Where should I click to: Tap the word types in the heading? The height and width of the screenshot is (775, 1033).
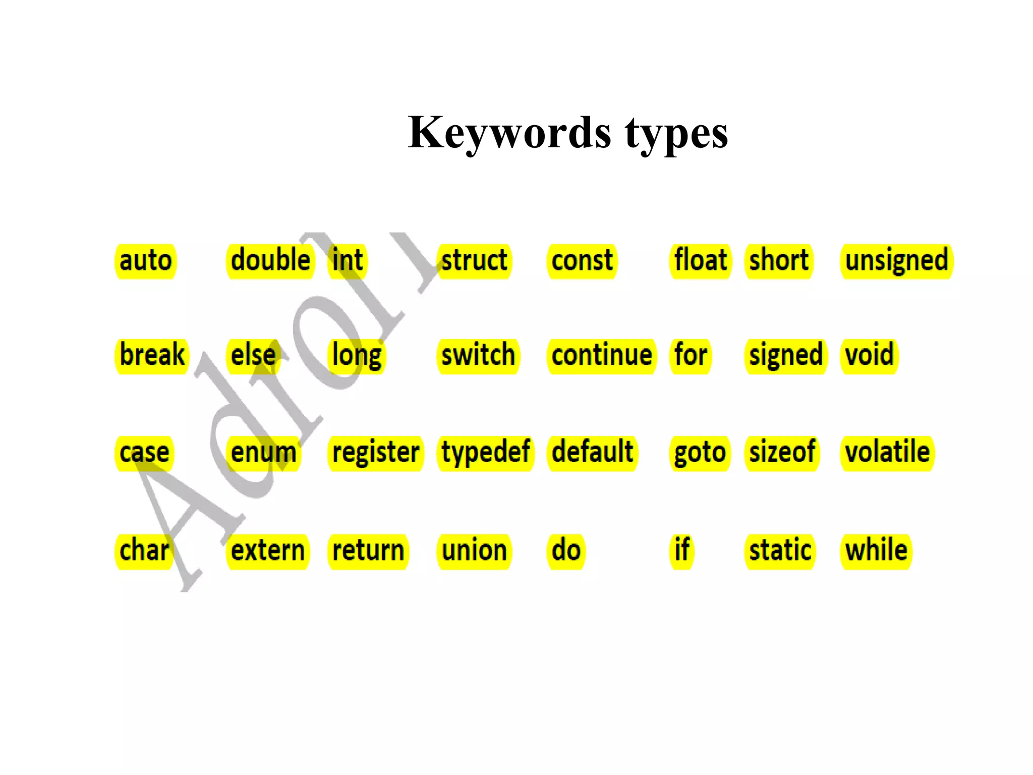coord(676,133)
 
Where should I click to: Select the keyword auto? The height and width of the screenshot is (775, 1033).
coord(146,261)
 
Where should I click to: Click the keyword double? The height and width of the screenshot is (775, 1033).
coord(270,261)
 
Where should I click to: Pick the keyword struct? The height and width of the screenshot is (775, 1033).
coord(474,261)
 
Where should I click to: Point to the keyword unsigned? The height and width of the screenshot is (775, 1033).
coord(896,261)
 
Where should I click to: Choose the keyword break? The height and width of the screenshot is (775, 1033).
coord(152,355)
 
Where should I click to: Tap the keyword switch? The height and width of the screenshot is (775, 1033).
coord(478,355)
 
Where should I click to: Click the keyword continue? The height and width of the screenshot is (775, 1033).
coord(601,355)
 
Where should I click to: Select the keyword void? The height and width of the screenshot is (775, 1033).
coord(869,355)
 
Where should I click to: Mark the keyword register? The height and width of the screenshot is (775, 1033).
coord(376,453)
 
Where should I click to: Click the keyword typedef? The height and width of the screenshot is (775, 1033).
coord(485,453)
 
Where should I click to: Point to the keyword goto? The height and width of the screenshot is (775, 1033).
coord(700,453)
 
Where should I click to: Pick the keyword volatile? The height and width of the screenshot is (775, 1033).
coord(887,453)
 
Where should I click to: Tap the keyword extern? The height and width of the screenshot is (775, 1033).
coord(268,550)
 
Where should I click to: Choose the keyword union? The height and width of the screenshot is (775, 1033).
coord(474,550)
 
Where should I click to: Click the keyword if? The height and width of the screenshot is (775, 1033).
coord(682,550)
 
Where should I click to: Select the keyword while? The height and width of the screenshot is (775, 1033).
coord(876,550)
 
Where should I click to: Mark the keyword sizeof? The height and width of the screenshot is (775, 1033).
coord(782,453)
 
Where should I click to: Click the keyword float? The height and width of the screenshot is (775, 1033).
coord(701,261)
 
